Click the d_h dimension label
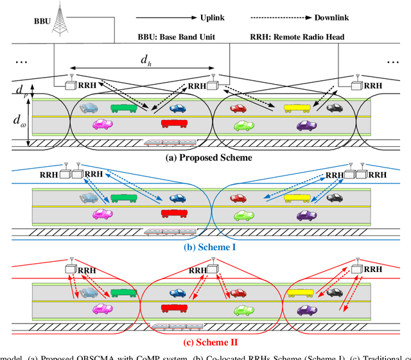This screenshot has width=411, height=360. click(x=146, y=60)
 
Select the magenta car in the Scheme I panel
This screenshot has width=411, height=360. click(x=103, y=214)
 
